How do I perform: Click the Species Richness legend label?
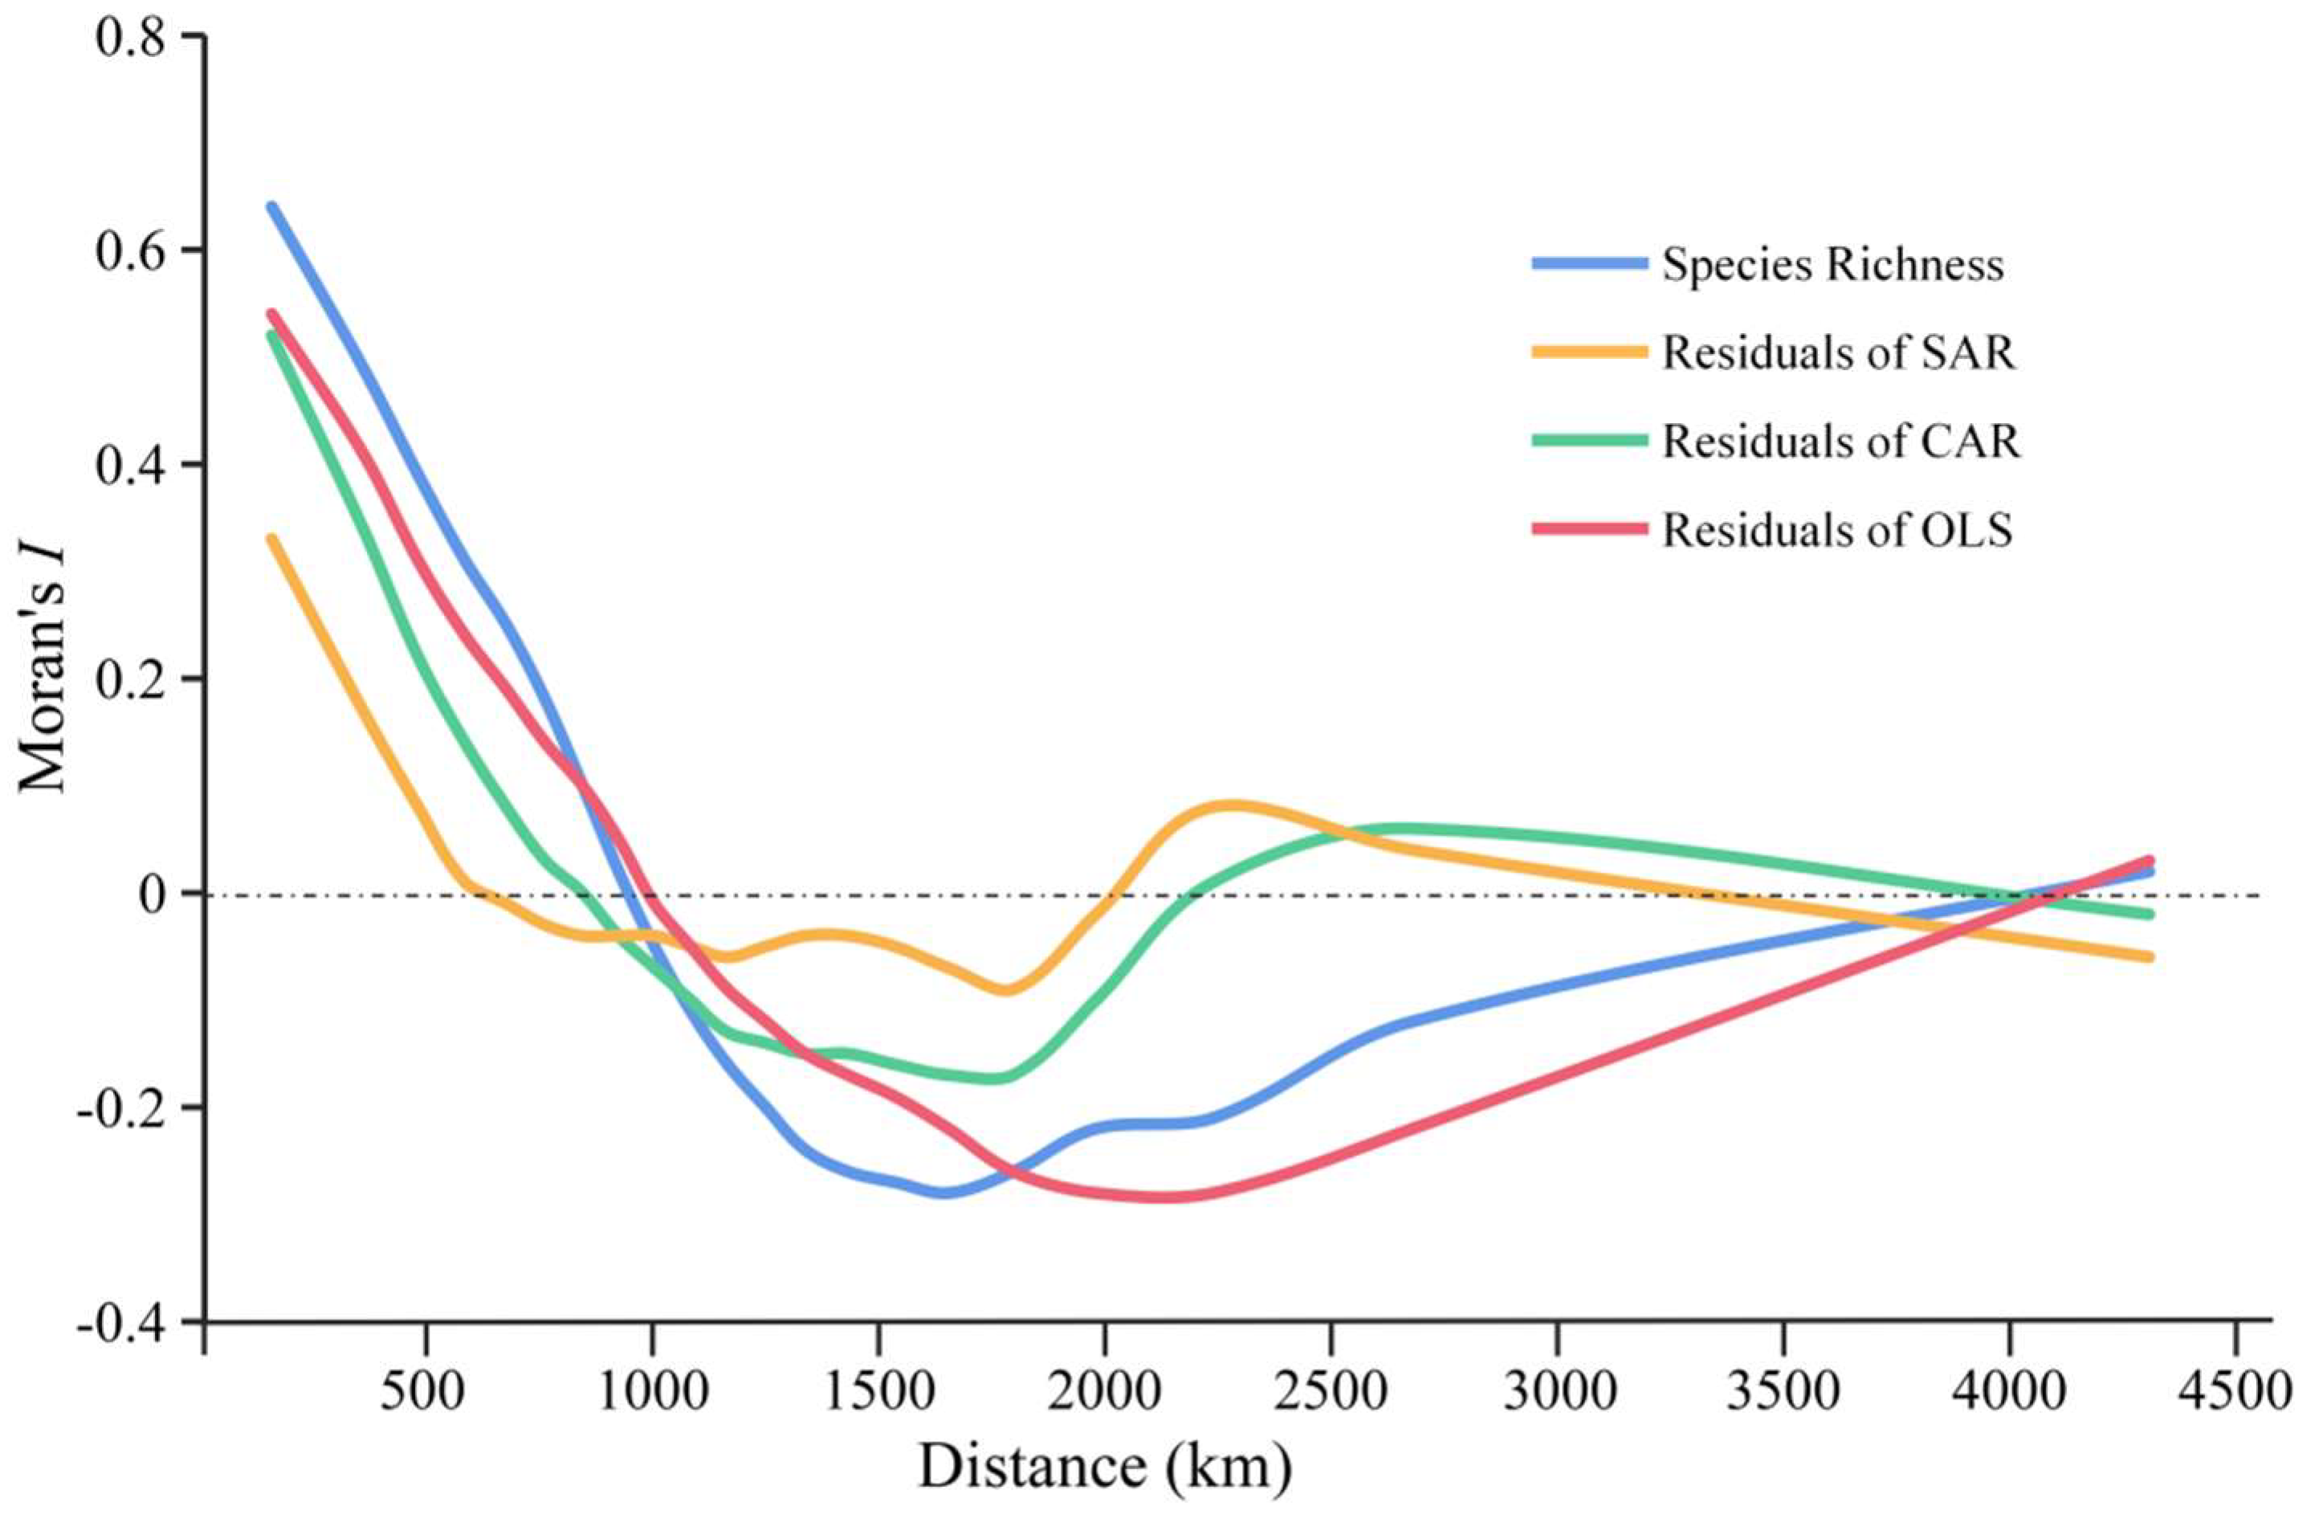[x=1832, y=265]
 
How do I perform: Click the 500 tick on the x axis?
[x=426, y=1392]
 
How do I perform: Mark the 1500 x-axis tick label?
[x=879, y=1392]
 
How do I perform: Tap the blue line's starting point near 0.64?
[x=272, y=206]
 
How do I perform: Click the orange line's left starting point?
[x=272, y=538]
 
